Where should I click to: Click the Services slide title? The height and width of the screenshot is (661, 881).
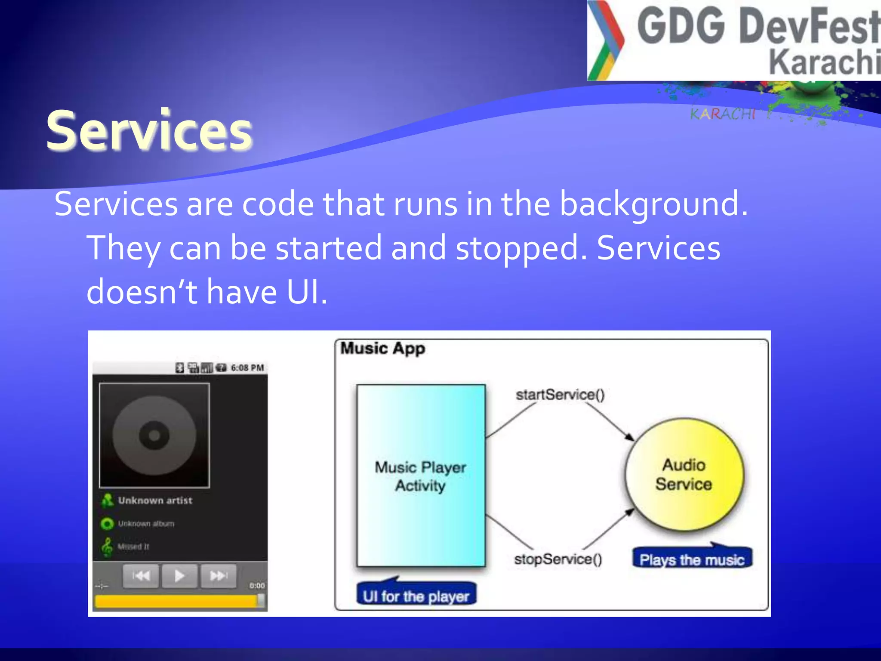[x=149, y=130]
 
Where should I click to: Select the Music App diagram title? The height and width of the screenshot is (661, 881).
[x=382, y=348]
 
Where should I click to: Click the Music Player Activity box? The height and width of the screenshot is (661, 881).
[x=421, y=476]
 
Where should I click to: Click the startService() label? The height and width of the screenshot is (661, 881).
[x=560, y=395]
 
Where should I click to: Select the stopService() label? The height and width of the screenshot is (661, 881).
[x=558, y=559]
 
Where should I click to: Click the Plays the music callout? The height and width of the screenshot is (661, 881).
[x=692, y=559]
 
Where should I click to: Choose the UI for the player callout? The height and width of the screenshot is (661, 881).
[x=416, y=596]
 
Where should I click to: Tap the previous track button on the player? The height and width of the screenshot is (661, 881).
[x=141, y=576]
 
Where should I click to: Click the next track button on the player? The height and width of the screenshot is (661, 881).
[x=219, y=576]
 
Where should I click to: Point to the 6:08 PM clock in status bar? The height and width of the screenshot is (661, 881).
[x=247, y=368]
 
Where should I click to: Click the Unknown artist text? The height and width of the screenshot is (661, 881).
[x=155, y=500]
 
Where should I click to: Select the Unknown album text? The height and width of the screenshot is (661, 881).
[x=146, y=524]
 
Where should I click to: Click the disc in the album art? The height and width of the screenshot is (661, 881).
[x=154, y=436]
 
